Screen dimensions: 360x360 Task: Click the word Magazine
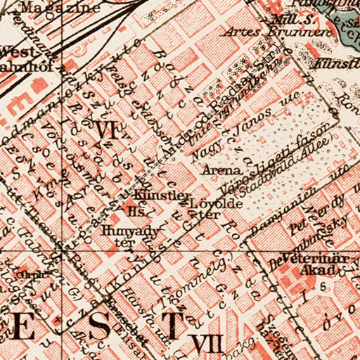coord(50,8)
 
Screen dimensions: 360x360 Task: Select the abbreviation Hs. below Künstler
coord(134,210)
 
